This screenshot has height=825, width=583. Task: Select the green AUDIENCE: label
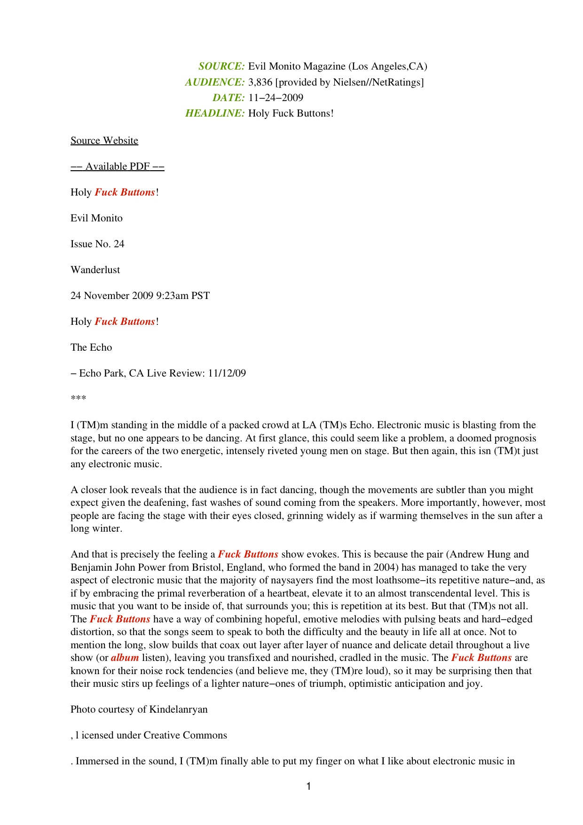215,82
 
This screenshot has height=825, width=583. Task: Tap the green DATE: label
228,98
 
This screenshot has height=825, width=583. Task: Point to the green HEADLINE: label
215,113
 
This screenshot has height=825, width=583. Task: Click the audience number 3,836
260,82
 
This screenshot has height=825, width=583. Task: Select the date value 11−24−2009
276,98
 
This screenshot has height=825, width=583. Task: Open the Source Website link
104,141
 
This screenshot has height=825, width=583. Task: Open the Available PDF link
118,166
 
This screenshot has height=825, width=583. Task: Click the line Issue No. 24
97,244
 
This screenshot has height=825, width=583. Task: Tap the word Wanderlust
95,270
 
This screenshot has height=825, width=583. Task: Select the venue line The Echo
91,347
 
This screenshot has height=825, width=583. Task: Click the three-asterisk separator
78,399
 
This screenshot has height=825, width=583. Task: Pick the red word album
125,658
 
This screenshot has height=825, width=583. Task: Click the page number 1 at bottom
308,786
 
